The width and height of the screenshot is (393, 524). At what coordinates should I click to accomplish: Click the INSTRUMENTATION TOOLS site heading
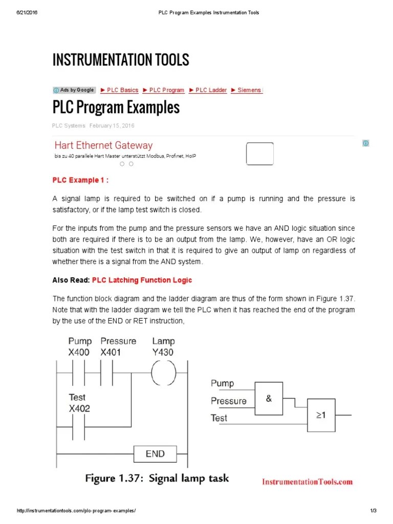pyautogui.click(x=121, y=60)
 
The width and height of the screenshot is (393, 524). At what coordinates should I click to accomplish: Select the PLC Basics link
pyautogui.click(x=119, y=90)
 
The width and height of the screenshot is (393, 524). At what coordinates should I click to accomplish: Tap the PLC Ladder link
pyautogui.click(x=208, y=90)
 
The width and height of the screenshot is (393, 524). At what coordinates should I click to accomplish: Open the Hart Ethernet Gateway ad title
pyautogui.click(x=103, y=145)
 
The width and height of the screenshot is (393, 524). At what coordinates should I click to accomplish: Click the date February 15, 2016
pyautogui.click(x=112, y=125)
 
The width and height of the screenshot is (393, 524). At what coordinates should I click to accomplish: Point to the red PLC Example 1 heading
pyautogui.click(x=80, y=180)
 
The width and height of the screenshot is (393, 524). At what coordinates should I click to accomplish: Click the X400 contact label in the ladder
pyautogui.click(x=78, y=352)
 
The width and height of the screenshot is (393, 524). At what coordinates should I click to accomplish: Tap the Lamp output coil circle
pyautogui.click(x=163, y=372)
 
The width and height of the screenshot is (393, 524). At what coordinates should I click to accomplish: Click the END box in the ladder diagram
pyautogui.click(x=155, y=453)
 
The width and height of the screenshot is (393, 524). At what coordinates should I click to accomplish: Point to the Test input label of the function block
pyautogui.click(x=219, y=418)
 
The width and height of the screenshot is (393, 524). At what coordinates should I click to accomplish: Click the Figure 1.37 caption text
pyautogui.click(x=157, y=478)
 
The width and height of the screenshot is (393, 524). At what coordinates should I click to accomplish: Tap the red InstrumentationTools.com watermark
pyautogui.click(x=307, y=482)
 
